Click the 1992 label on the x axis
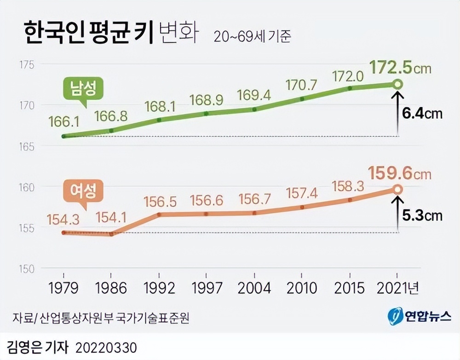(x=159, y=288)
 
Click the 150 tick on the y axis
(x=27, y=268)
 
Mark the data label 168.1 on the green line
(x=159, y=106)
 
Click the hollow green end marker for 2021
(x=398, y=84)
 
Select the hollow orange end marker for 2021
(x=398, y=189)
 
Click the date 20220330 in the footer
(x=106, y=347)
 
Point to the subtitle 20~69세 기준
(x=252, y=37)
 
